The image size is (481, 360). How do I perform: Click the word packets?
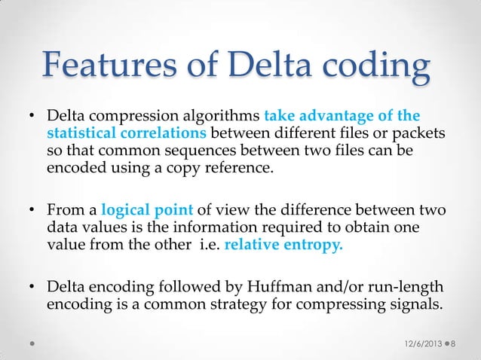click(421, 134)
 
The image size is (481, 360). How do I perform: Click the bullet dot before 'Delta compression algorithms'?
click(33, 118)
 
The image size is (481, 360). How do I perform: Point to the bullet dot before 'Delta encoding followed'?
click(33, 290)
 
